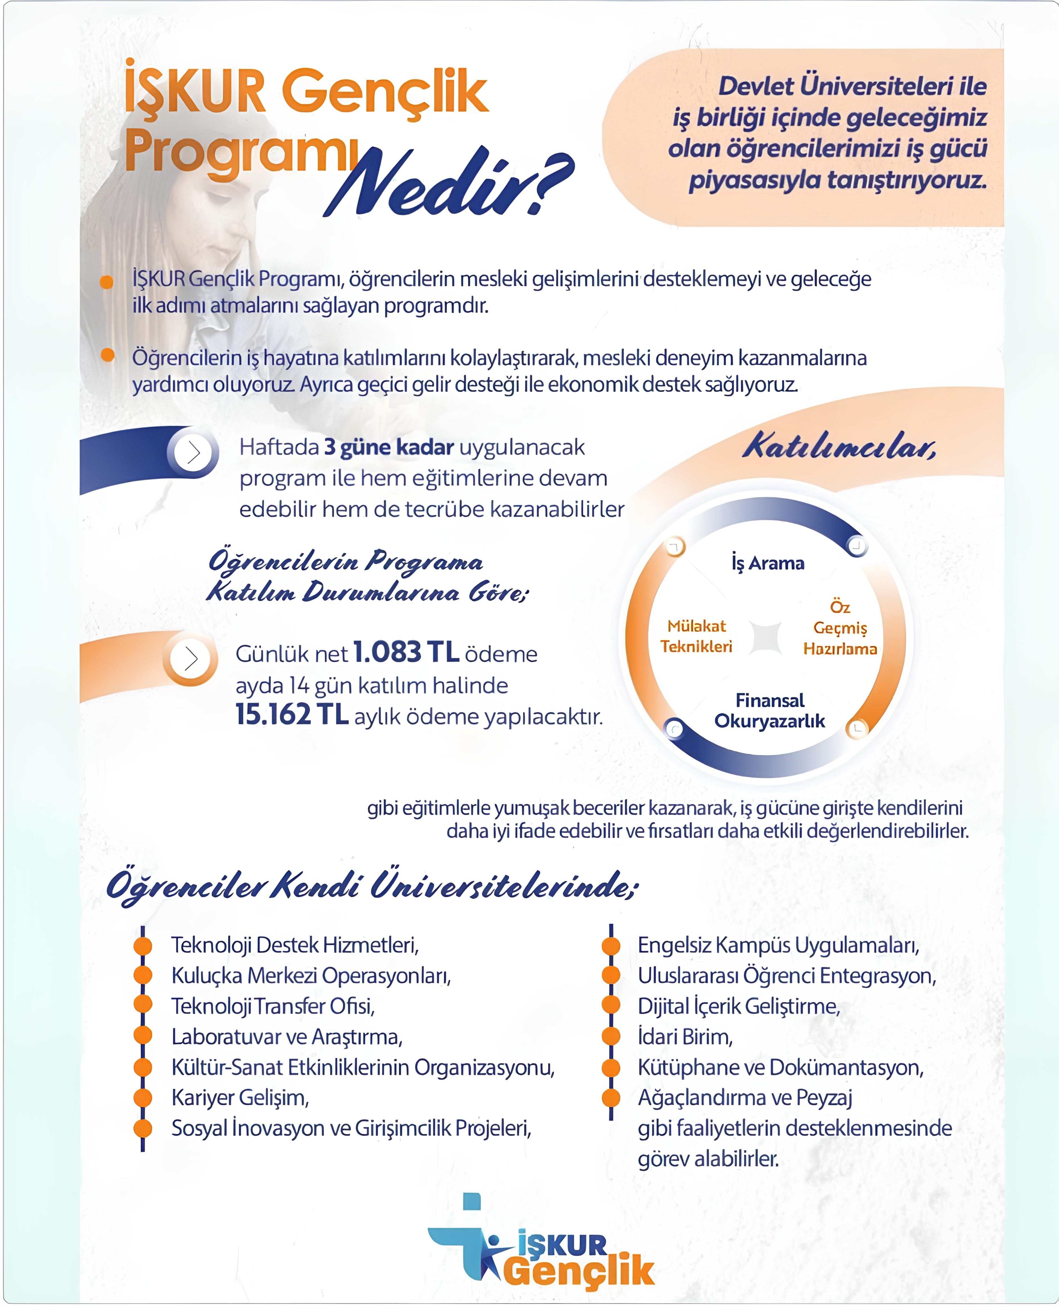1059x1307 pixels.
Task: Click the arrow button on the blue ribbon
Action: pos(193,452)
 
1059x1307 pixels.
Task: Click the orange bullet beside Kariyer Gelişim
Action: pos(143,1098)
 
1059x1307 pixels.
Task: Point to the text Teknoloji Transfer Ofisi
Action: pos(273,1006)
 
